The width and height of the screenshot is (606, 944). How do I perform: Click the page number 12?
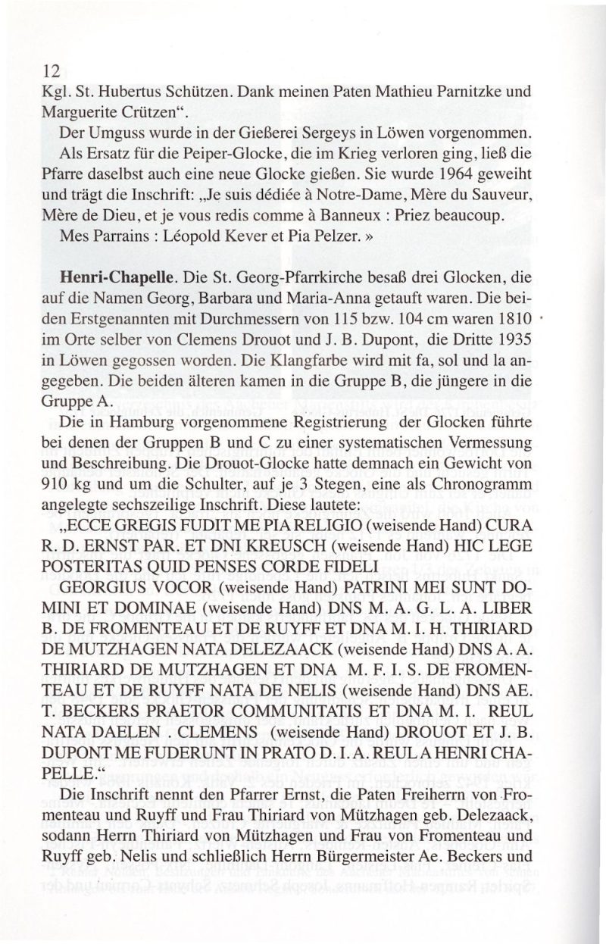point(52,72)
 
